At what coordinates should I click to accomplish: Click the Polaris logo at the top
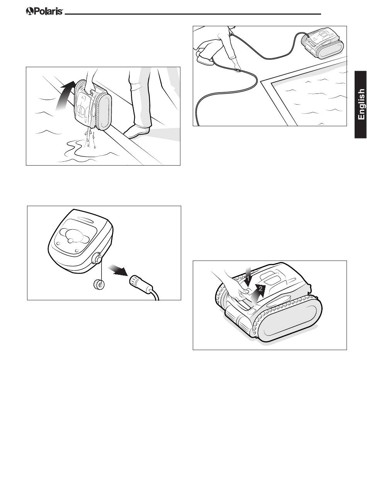pyautogui.click(x=44, y=11)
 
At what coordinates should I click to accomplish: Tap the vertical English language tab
pyautogui.click(x=360, y=105)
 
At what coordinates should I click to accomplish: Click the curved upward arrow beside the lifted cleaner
pyautogui.click(x=66, y=95)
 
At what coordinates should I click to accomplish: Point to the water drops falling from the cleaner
pyautogui.click(x=90, y=137)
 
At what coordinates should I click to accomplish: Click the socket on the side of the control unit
pyautogui.click(x=97, y=258)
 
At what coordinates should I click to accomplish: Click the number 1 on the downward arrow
pyautogui.click(x=248, y=278)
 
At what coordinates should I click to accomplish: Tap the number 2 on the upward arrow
pyautogui.click(x=260, y=288)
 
